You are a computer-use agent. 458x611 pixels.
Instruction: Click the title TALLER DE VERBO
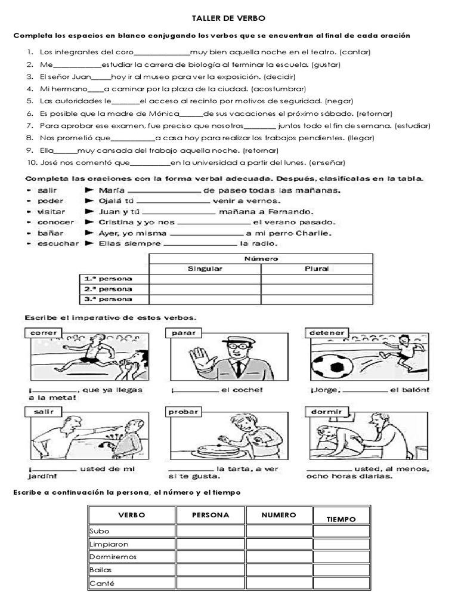[x=229, y=19]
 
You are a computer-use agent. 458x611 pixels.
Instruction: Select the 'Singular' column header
[x=205, y=269]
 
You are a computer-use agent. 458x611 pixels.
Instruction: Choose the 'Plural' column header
[x=317, y=269]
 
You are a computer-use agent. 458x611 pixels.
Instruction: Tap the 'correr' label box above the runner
[x=43, y=332]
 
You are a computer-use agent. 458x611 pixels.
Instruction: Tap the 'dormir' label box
[x=326, y=412]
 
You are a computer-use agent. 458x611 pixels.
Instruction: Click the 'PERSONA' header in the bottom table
[x=211, y=515]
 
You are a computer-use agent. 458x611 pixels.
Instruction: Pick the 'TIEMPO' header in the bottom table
[x=341, y=519]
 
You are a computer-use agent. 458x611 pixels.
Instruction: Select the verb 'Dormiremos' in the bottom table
[x=113, y=557]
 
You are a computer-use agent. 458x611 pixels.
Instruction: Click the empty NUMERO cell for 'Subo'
[x=279, y=531]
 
